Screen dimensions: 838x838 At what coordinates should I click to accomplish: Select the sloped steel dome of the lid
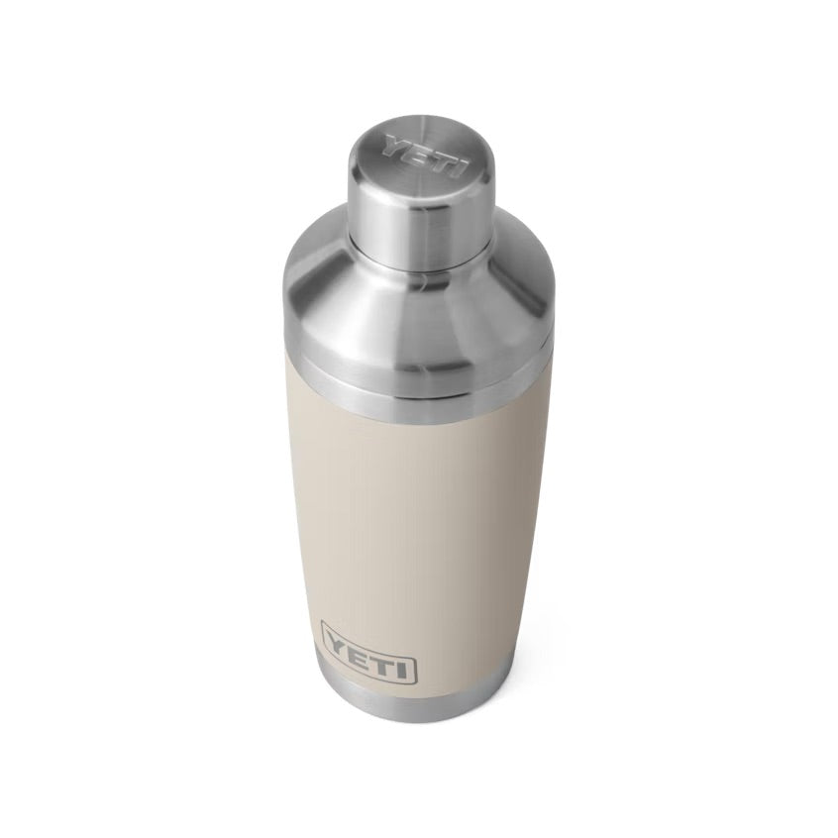point(416,297)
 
